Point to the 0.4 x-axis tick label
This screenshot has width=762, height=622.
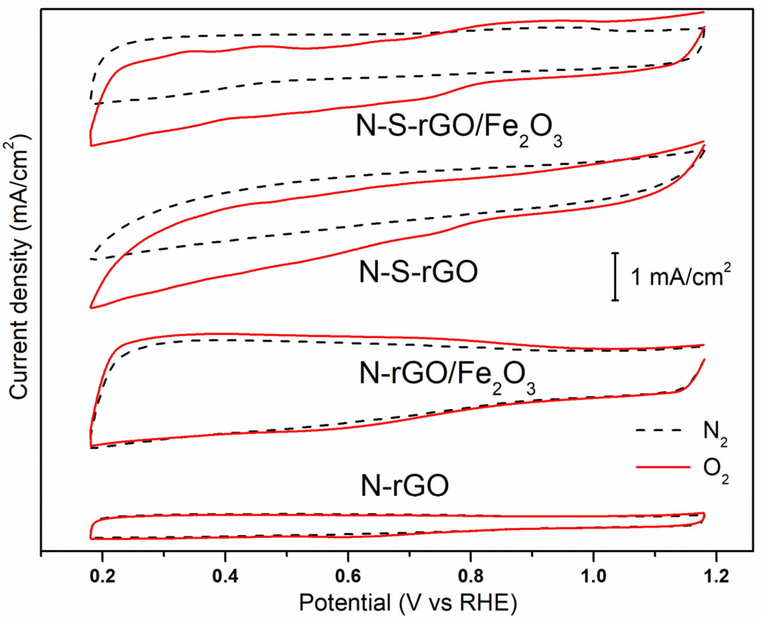[x=225, y=577]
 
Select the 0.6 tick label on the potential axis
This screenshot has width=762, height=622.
[x=348, y=577]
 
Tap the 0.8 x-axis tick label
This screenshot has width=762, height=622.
[x=471, y=577]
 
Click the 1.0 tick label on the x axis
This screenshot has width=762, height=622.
[x=594, y=577]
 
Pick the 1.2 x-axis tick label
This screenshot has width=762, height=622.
[x=716, y=577]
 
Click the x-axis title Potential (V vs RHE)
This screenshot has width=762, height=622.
[x=408, y=603]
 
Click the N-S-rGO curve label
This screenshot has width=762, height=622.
[x=418, y=272]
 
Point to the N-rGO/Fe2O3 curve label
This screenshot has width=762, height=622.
[x=447, y=376]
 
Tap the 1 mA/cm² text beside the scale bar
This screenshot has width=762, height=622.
[x=680, y=277]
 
